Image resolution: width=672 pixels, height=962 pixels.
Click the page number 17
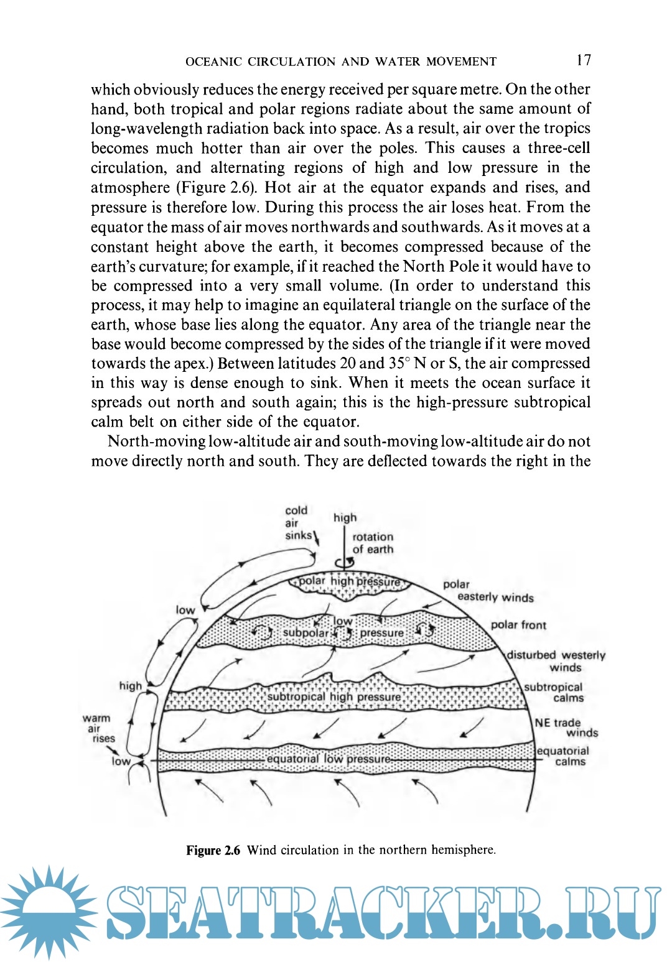click(584, 60)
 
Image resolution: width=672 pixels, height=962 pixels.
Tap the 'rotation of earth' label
click(373, 543)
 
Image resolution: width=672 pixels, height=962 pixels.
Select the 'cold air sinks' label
click(297, 523)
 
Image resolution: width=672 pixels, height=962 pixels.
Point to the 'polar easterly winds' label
click(488, 591)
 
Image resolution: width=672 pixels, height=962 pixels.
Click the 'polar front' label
click(518, 625)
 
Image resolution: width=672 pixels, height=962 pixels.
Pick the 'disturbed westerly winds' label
click(556, 661)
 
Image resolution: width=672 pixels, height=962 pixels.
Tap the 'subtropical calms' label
click(554, 692)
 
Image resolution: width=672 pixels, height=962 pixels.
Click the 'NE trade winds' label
click(566, 728)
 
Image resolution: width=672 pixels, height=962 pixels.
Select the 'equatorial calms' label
click(563, 756)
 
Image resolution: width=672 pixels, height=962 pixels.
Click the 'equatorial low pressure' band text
click(329, 759)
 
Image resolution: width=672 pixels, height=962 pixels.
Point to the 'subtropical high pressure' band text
click(334, 697)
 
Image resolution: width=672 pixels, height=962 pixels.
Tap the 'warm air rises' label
click(98, 728)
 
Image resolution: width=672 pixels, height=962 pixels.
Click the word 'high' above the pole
click(345, 517)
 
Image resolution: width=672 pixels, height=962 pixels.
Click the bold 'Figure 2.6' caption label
click(213, 850)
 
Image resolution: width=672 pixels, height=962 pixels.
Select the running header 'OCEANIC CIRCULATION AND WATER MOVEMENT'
click(341, 62)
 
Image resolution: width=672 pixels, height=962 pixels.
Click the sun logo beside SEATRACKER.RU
click(49, 912)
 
